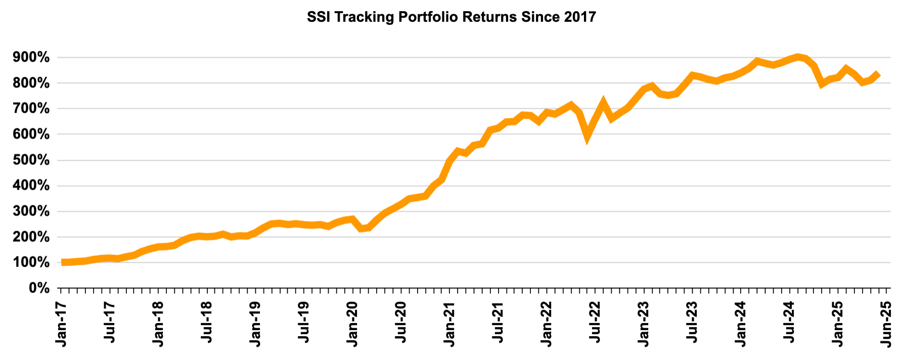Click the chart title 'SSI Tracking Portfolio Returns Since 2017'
coord(451,17)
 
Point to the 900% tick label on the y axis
coord(31,58)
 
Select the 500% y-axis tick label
coord(31,160)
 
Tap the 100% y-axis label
coord(31,263)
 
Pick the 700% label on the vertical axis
coord(31,109)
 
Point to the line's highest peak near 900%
coord(798,57)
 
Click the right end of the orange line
coord(879,74)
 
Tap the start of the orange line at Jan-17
coord(62,262)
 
